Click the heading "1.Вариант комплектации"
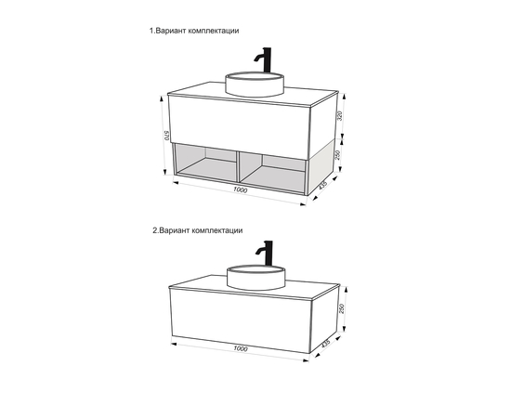click(x=194, y=31)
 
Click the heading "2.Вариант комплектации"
click(x=198, y=230)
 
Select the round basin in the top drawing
click(x=255, y=84)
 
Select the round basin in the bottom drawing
click(x=256, y=277)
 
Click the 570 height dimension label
click(x=167, y=136)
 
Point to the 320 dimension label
click(x=340, y=116)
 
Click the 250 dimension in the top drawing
click(x=338, y=154)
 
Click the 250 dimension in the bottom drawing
click(x=342, y=308)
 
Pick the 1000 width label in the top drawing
click(x=241, y=189)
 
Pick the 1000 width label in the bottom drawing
click(x=241, y=348)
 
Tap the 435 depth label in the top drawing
click(x=322, y=185)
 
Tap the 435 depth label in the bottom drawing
click(x=325, y=344)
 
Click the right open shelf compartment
click(x=273, y=172)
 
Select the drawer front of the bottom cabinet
click(x=241, y=320)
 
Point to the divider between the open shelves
click(x=238, y=166)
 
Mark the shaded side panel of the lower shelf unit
click(x=321, y=167)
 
